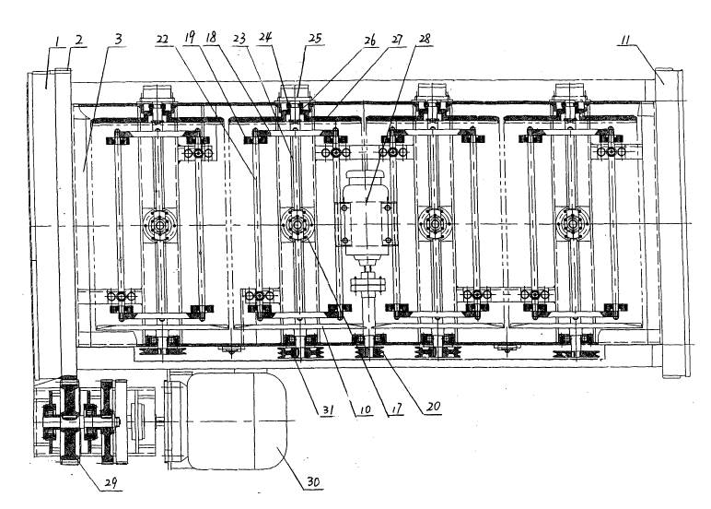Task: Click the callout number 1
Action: click(x=57, y=41)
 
